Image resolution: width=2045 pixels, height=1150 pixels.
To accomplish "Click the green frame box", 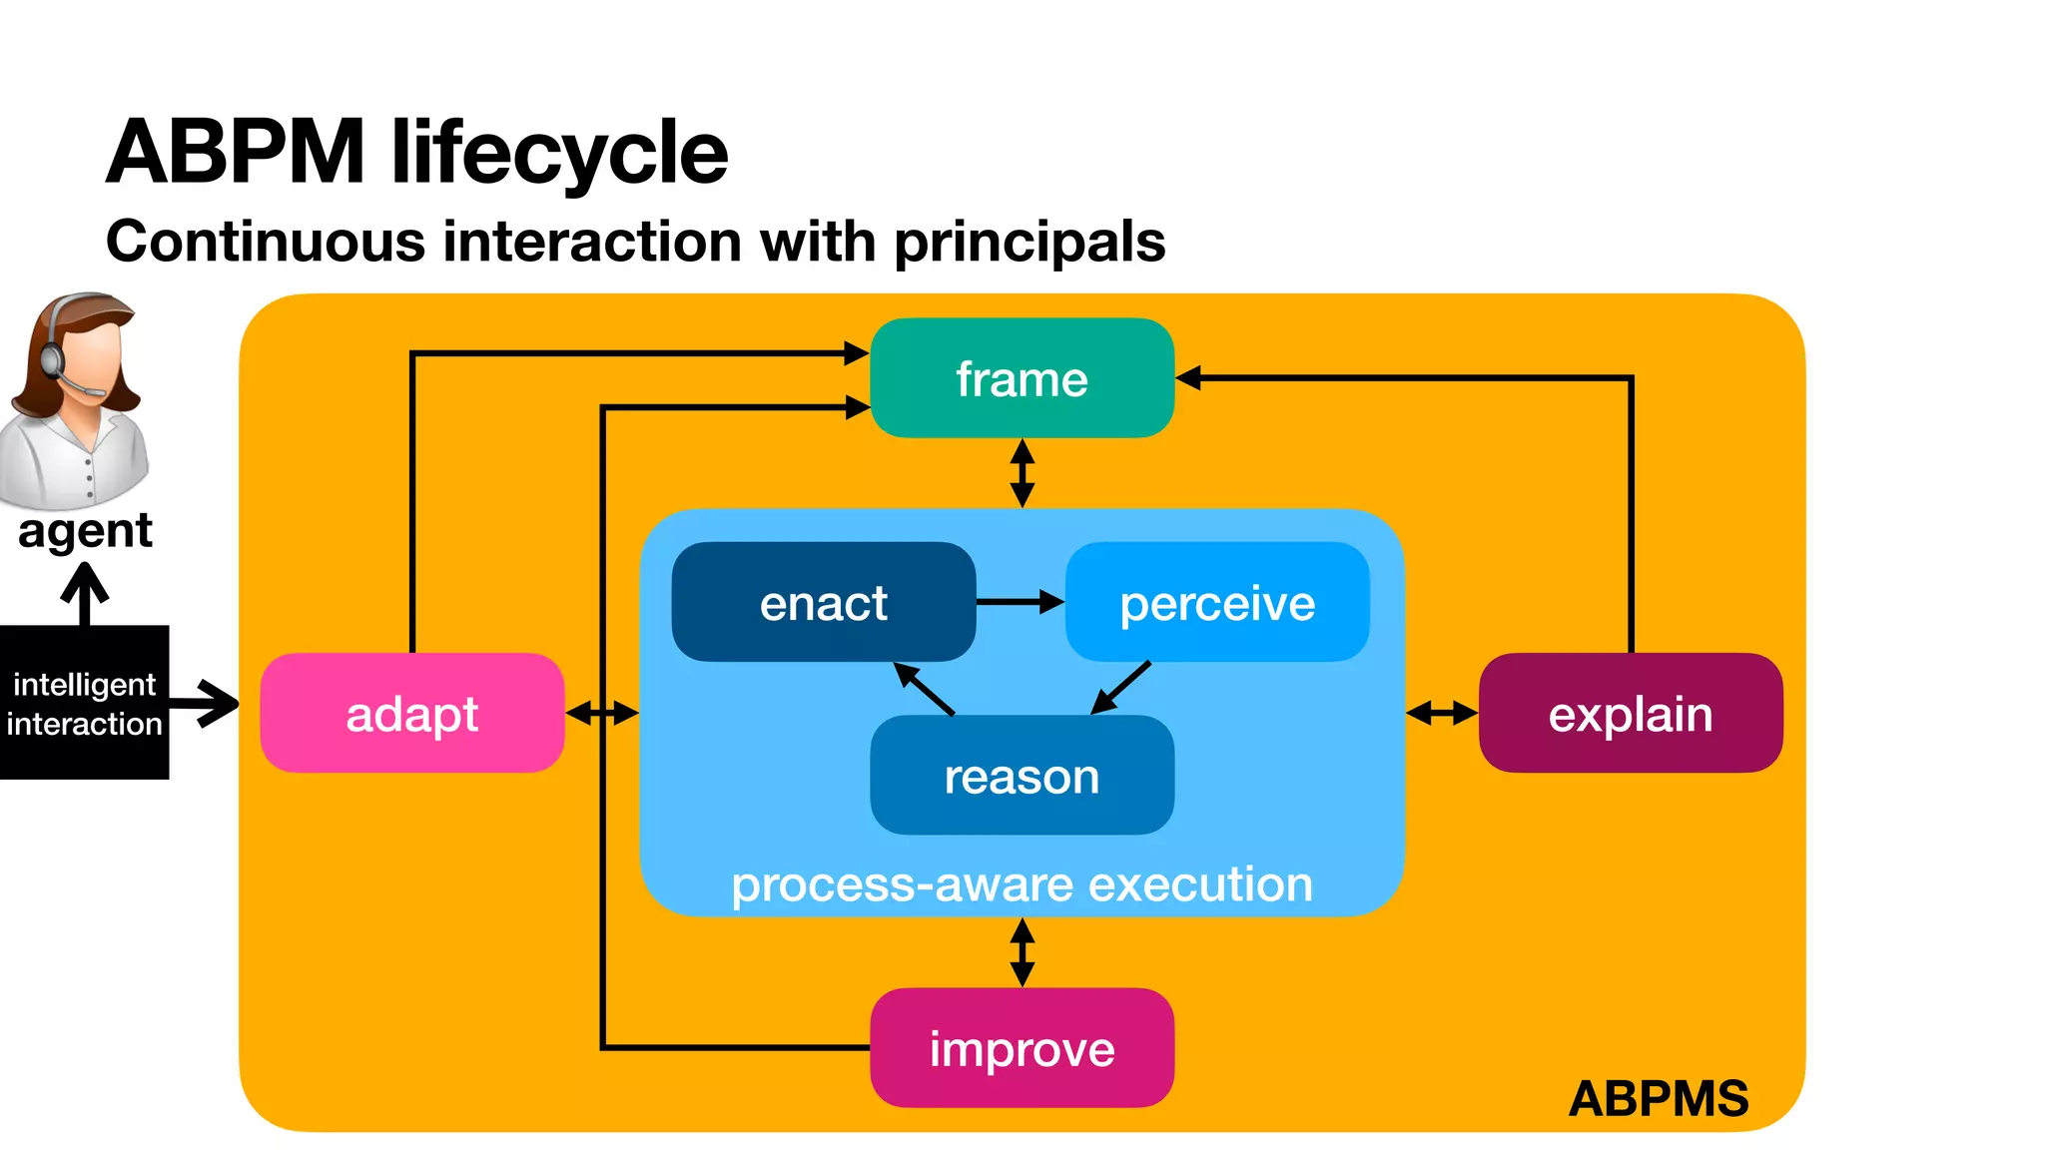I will tap(1022, 378).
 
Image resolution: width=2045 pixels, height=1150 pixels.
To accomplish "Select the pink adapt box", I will tap(411, 713).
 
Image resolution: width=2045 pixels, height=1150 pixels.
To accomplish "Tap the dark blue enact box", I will tap(823, 602).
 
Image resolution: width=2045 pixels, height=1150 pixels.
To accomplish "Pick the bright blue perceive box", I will tap(1217, 602).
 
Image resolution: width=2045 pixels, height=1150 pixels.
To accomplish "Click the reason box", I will tap(1022, 776).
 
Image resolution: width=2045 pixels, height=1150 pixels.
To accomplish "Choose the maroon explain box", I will tap(1630, 713).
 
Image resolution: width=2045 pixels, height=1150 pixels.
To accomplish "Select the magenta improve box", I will tap(1022, 1047).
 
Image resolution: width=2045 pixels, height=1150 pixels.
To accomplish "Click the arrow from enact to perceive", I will tap(1020, 602).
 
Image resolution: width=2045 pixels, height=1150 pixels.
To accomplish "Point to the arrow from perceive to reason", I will tap(1120, 688).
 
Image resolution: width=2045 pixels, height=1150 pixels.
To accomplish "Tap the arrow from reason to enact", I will tap(924, 688).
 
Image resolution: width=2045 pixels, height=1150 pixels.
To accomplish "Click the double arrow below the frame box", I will tap(1022, 473).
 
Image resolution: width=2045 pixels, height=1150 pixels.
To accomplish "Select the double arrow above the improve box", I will tap(1022, 952).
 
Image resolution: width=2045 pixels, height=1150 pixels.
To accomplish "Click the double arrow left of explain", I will tap(1441, 713).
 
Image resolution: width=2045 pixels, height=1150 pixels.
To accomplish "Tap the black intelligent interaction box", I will tap(84, 703).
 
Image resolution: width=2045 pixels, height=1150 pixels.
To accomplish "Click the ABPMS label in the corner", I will tap(1658, 1098).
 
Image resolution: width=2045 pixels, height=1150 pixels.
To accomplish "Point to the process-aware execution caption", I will tap(1022, 884).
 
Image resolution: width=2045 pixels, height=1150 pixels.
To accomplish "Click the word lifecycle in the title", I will tap(559, 152).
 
